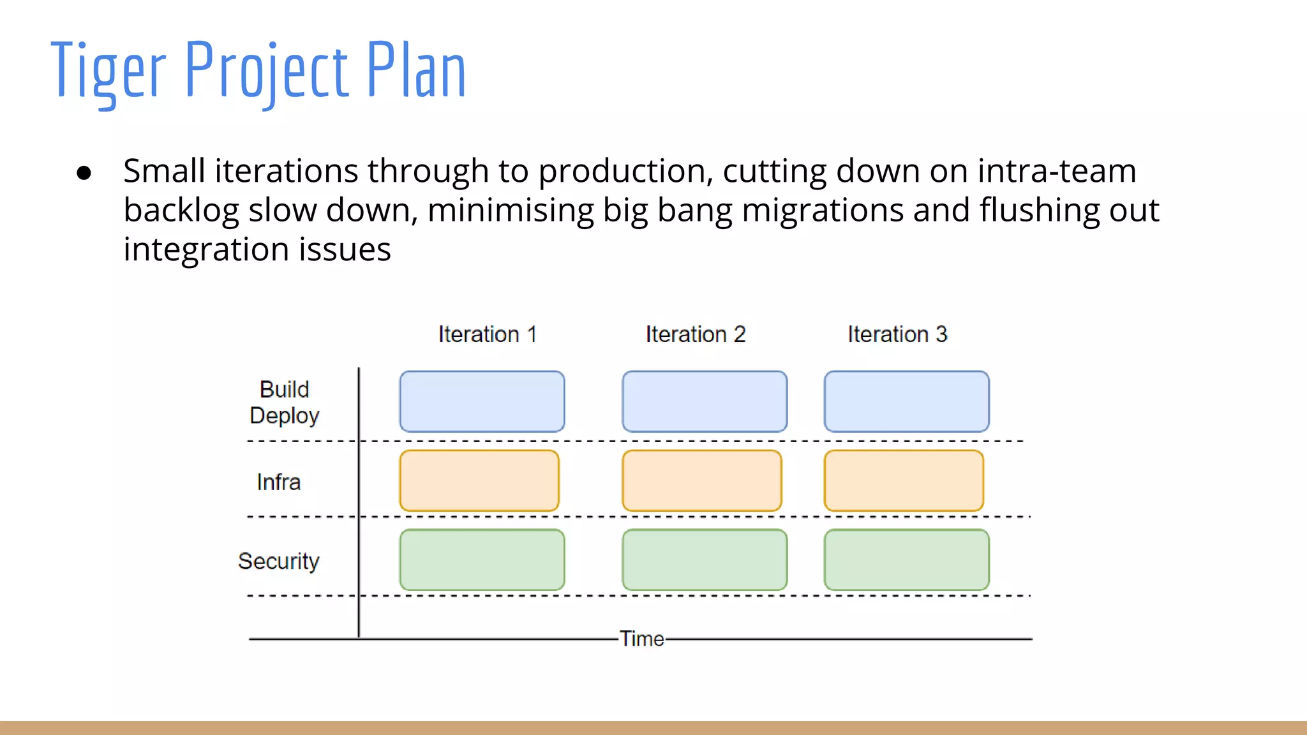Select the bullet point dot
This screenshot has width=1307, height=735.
pos(84,173)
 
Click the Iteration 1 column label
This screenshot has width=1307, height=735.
pos(488,334)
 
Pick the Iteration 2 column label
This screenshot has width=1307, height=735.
pos(696,334)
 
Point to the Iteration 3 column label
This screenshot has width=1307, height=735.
pos(897,334)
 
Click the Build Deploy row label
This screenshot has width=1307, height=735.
pos(284,403)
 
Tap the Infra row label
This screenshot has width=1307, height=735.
pos(278,482)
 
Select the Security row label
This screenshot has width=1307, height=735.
pos(278,561)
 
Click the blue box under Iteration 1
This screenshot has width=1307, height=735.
pos(482,401)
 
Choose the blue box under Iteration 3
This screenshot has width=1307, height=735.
pos(906,401)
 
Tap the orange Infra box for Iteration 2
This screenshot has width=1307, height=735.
pos(701,480)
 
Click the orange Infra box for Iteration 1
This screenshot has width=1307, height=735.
pos(479,480)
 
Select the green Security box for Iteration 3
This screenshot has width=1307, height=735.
pos(906,560)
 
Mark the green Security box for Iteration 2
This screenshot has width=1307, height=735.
pos(705,560)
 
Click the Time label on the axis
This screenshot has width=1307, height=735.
pos(642,639)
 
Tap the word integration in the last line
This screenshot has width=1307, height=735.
pos(206,250)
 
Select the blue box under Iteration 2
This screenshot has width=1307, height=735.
pos(705,401)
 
